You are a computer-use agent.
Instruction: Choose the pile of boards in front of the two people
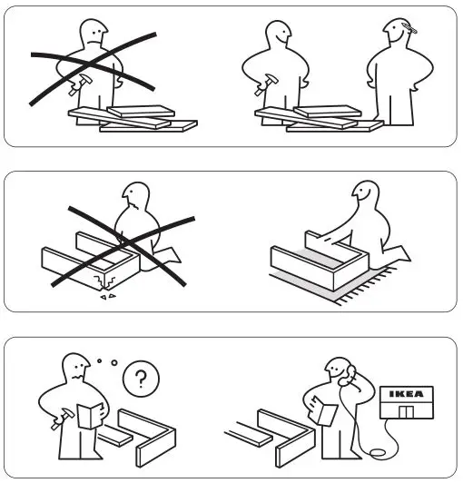[x=318, y=119]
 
